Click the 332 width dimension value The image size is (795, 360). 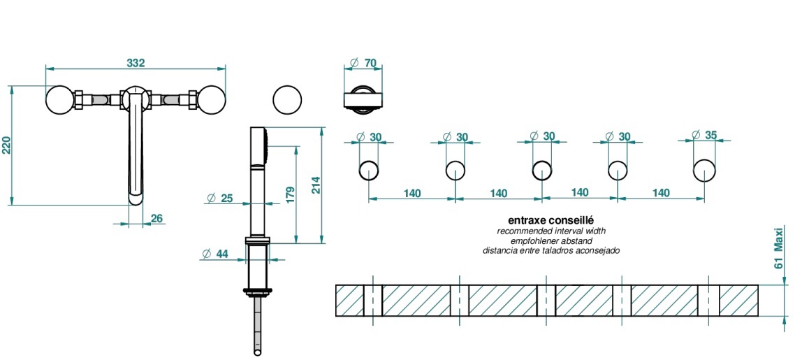click(136, 63)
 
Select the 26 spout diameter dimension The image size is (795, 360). click(156, 219)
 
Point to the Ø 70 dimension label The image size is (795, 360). click(363, 63)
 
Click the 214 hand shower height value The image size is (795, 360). click(315, 185)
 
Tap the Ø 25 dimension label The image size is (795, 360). click(220, 199)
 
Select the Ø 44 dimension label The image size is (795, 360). click(215, 254)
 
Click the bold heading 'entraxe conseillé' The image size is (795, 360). click(550, 221)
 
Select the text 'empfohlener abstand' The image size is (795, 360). click(552, 240)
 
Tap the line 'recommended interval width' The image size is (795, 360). click(551, 231)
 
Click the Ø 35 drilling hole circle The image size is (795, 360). click(704, 171)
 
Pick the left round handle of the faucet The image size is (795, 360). click(59, 99)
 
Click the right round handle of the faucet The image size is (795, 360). click(212, 99)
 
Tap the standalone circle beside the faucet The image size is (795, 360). click(288, 100)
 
